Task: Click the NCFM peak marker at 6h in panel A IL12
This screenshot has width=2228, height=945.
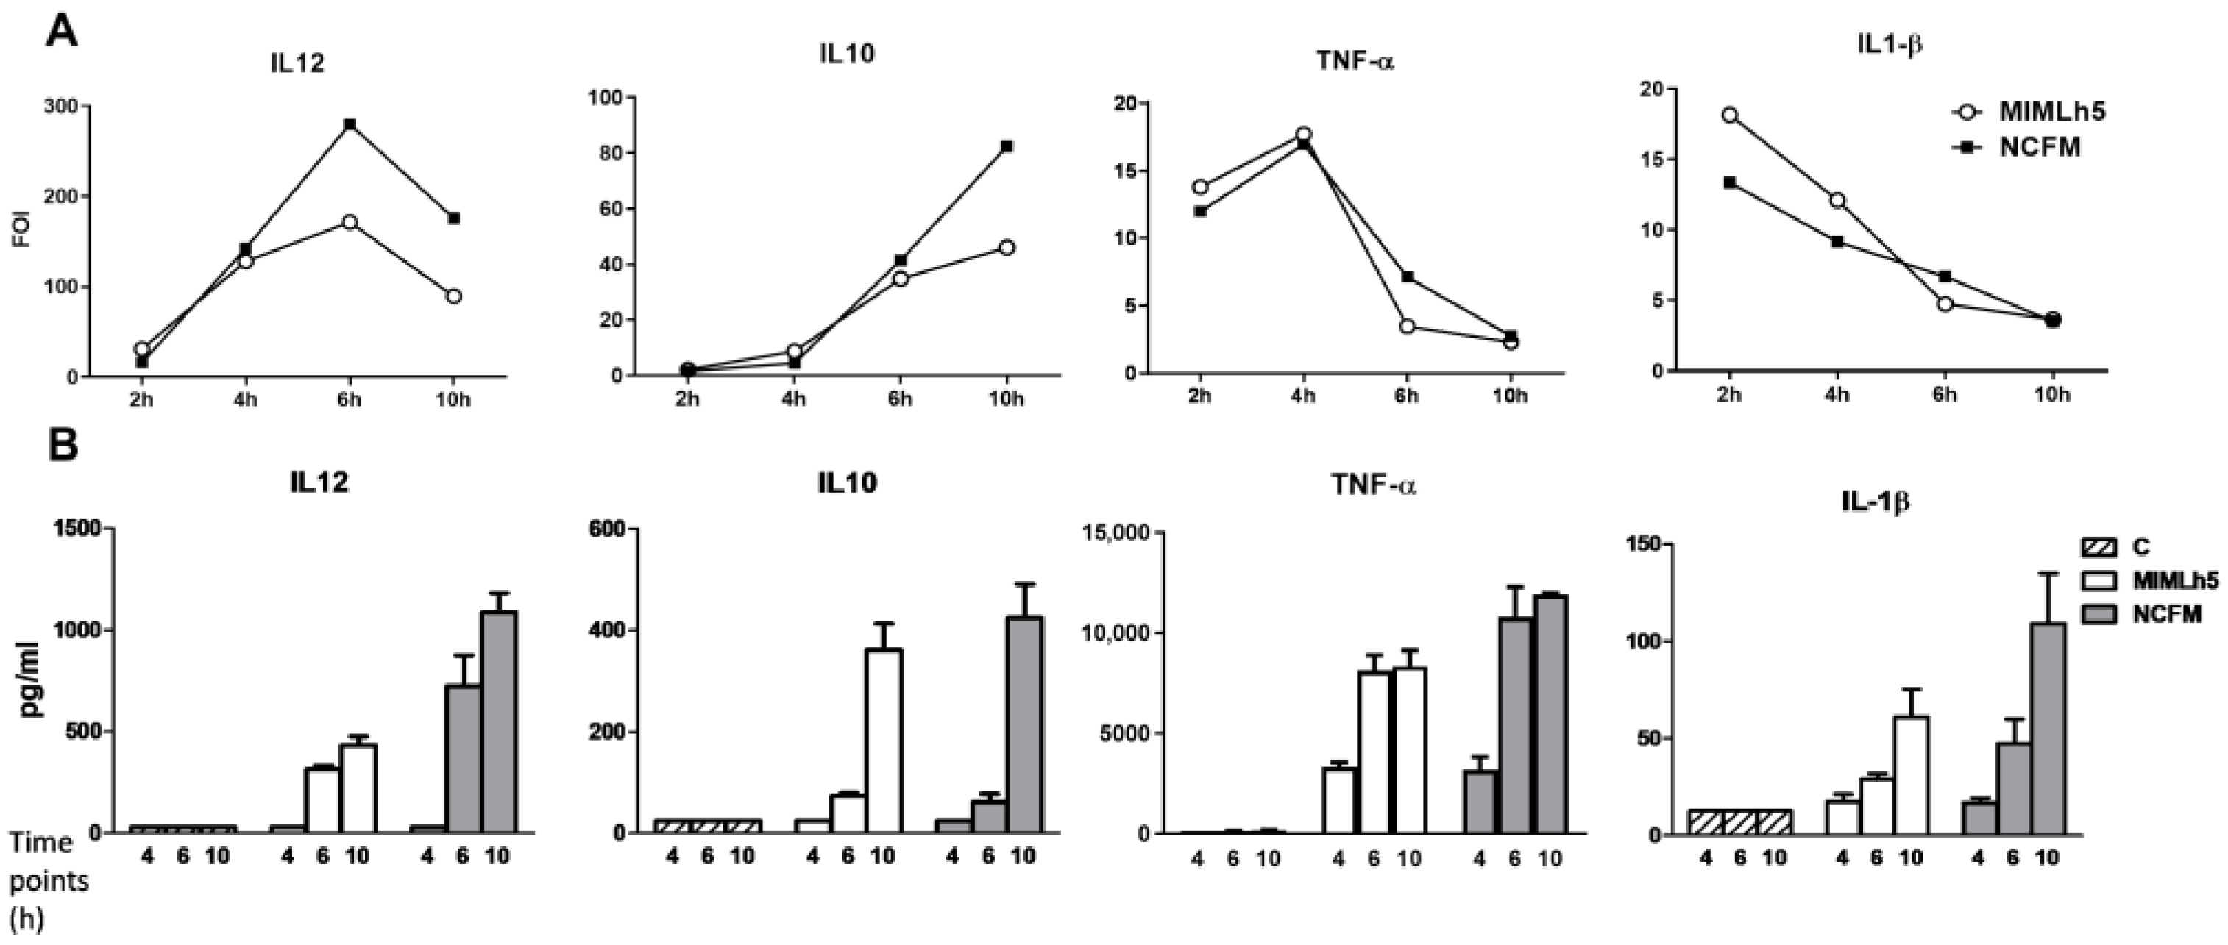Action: [350, 124]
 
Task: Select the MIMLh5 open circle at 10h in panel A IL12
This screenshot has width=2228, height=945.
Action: [453, 296]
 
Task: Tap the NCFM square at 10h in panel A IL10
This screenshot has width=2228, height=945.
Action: [1007, 147]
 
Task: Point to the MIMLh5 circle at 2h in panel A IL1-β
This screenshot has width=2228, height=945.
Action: [1729, 115]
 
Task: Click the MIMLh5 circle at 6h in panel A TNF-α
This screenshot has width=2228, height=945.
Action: [1407, 326]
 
